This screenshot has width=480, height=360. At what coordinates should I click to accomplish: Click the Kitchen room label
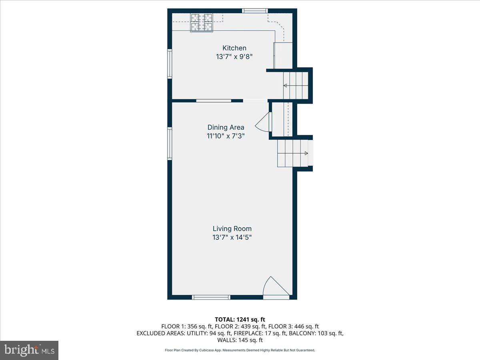(x=234, y=48)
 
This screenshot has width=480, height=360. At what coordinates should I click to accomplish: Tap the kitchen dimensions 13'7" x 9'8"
(x=234, y=57)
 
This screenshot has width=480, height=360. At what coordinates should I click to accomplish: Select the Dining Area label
(x=226, y=127)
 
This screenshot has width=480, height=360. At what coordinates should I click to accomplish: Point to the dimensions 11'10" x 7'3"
(x=226, y=136)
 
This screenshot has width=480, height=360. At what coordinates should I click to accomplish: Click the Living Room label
(x=232, y=228)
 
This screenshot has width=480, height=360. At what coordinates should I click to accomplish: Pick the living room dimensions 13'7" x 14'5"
(x=232, y=237)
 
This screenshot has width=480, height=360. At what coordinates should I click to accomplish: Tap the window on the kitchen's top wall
(x=255, y=11)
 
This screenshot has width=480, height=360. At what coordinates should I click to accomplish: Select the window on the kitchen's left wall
(x=170, y=64)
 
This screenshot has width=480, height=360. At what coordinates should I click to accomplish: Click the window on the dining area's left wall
(x=170, y=144)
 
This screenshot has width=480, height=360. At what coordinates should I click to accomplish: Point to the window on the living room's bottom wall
(x=211, y=297)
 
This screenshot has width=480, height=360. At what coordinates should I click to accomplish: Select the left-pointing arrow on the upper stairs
(x=286, y=86)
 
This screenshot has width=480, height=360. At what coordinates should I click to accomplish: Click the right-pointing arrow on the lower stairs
(x=306, y=153)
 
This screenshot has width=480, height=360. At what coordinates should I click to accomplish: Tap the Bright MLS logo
(x=29, y=350)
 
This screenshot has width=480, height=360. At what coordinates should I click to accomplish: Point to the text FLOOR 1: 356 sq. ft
(x=186, y=326)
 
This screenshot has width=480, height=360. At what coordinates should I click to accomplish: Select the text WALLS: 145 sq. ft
(x=240, y=340)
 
